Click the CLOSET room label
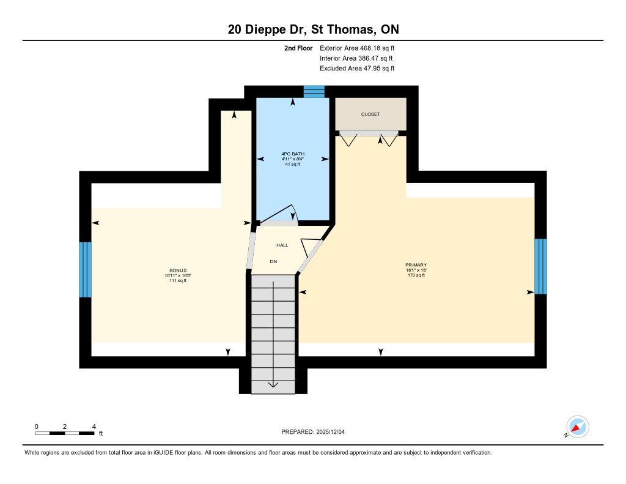(x=370, y=114)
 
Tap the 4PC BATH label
(x=293, y=154)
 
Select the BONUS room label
(x=178, y=270)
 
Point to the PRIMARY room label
(x=416, y=265)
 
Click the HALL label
(x=282, y=245)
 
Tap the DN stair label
(x=273, y=262)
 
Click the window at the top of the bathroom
(x=314, y=92)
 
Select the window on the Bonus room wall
(x=86, y=269)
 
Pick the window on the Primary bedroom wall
(x=540, y=267)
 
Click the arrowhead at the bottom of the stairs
(x=273, y=384)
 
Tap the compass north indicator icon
(x=577, y=427)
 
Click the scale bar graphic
(x=65, y=433)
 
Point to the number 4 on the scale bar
(x=94, y=426)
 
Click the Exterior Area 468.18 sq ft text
(x=357, y=48)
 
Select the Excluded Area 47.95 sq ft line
(x=357, y=69)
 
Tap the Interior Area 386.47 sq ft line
(x=356, y=58)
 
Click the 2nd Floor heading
(x=298, y=48)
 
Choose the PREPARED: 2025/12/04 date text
(x=313, y=432)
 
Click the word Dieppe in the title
(x=264, y=29)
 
